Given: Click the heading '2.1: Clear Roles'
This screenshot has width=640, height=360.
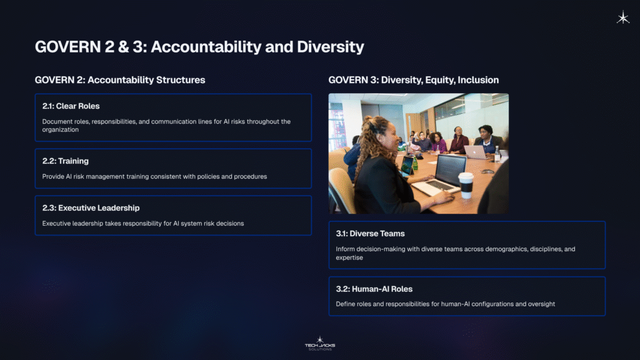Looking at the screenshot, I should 71,106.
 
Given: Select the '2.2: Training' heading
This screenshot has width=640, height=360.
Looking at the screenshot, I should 65,161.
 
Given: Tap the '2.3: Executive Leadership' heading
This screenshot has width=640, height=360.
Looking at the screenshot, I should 91,208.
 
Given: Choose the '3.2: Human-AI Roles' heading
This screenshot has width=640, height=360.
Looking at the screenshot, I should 374,289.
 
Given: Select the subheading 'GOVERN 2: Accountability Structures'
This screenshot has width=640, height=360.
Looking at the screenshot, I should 120,80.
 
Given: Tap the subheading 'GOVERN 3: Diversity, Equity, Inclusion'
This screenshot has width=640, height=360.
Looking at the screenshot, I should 413,80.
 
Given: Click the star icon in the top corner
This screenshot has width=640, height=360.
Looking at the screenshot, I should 622,18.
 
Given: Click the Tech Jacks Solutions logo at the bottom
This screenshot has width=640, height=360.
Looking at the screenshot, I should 319,343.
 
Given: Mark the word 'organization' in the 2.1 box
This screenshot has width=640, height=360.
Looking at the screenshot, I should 61,130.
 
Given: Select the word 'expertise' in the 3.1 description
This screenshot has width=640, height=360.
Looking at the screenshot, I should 349,257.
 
